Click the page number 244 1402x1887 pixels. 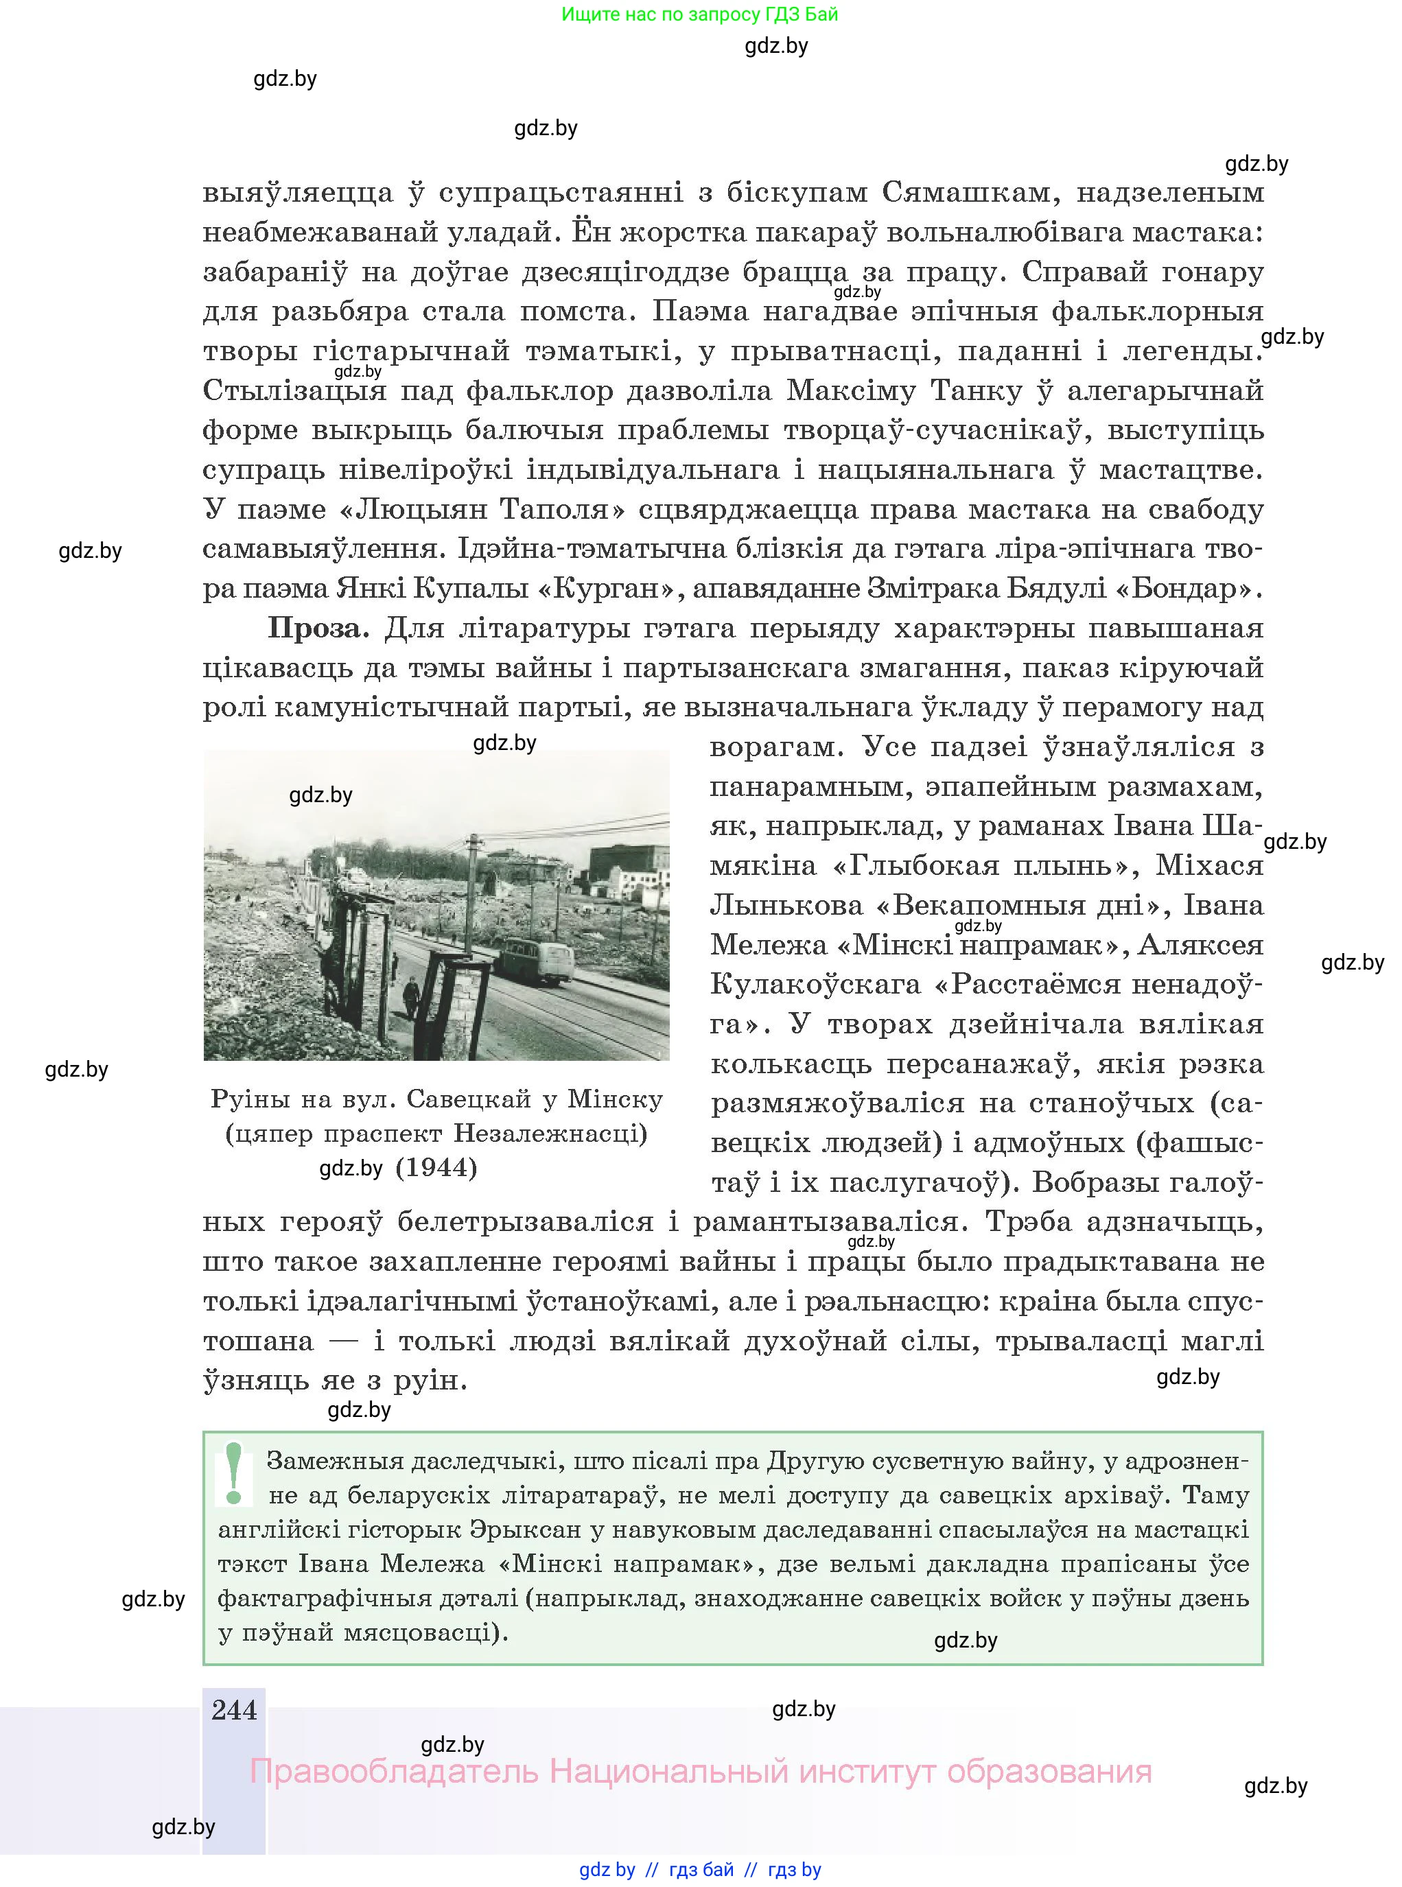pyautogui.click(x=234, y=1710)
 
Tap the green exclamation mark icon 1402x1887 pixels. pyautogui.click(x=234, y=1474)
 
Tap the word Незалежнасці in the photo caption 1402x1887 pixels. pyautogui.click(x=550, y=1133)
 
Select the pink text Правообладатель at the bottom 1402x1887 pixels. pyautogui.click(x=394, y=1771)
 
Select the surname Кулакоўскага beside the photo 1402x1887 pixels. pyautogui.click(x=815, y=984)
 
